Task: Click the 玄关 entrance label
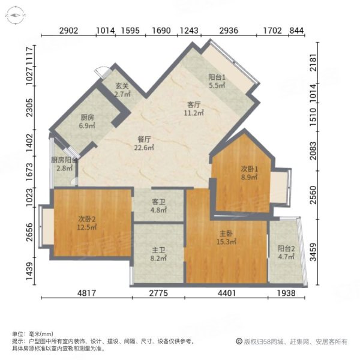(x=122, y=86)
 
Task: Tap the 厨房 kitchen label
(x=88, y=118)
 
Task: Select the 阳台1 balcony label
(x=217, y=77)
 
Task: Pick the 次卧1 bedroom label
(x=233, y=169)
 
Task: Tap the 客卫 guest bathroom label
(x=158, y=202)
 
